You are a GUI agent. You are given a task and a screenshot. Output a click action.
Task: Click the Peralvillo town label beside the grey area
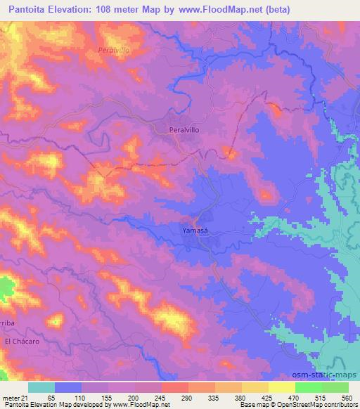[190, 131]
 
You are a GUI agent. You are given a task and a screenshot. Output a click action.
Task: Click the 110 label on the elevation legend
[82, 398]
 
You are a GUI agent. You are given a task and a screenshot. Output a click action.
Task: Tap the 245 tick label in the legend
[161, 398]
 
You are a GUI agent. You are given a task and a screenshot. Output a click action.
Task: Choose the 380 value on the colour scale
[242, 398]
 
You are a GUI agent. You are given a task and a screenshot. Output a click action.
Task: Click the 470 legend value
[295, 398]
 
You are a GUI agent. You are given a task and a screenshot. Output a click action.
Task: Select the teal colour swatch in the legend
[41, 387]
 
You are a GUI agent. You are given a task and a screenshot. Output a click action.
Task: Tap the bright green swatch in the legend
[308, 387]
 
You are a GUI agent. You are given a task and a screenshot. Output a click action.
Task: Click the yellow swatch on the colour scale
[281, 387]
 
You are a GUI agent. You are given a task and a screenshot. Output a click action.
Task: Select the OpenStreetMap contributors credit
[316, 405]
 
